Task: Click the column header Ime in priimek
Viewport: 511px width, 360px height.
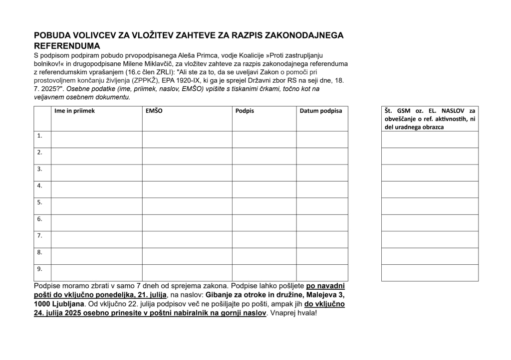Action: point(74,111)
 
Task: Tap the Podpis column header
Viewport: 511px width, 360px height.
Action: point(245,111)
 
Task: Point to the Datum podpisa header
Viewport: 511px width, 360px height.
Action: point(320,111)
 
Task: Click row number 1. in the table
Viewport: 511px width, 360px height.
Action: point(40,135)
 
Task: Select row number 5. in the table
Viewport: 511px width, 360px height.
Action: point(40,202)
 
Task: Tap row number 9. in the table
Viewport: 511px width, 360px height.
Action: point(40,269)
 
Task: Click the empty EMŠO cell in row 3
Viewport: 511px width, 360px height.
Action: point(187,173)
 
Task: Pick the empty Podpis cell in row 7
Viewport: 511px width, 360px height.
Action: point(264,239)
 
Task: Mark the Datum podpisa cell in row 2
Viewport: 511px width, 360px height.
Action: point(322,156)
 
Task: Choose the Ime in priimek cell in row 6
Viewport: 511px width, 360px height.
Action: point(96,222)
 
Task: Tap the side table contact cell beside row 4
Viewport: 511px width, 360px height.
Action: point(429,189)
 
